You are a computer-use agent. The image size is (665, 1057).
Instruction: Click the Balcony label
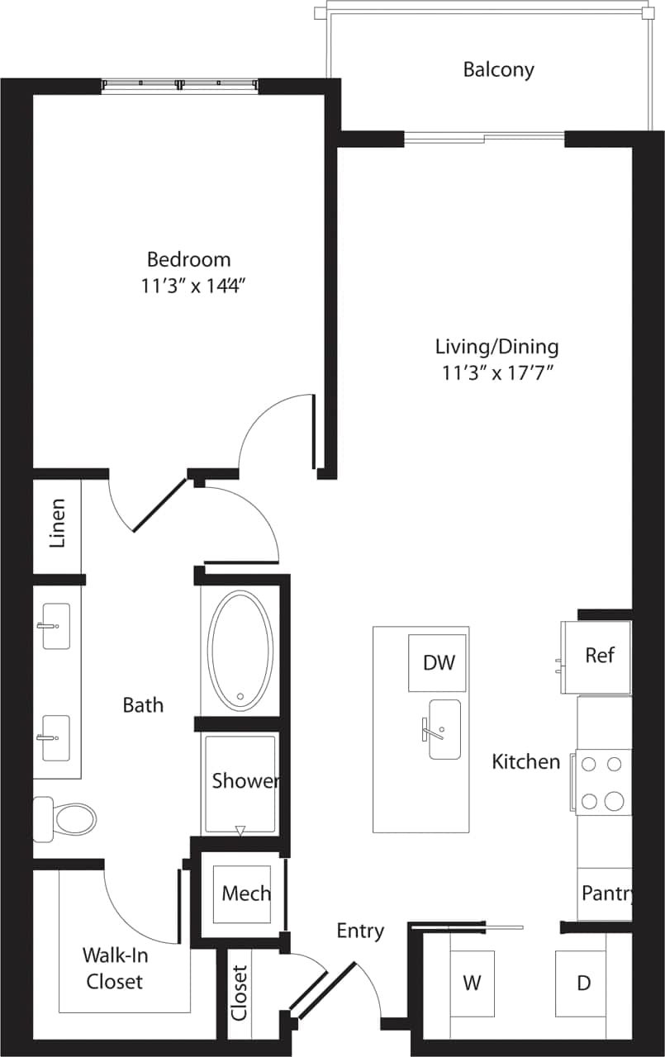tap(498, 69)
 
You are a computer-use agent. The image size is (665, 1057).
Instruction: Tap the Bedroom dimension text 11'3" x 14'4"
tap(195, 287)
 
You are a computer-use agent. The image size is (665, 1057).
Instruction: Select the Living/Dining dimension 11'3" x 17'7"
tap(496, 372)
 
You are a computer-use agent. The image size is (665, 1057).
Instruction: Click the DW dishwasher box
tap(438, 663)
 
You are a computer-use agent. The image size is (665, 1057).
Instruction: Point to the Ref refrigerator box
tap(599, 656)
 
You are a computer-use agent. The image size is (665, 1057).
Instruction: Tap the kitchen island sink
tap(444, 729)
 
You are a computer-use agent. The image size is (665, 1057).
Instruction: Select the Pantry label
tap(607, 893)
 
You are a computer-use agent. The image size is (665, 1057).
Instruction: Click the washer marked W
tap(472, 983)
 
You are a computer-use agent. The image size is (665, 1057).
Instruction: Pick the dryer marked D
tap(583, 983)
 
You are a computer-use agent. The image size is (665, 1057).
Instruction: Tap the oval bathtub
tap(240, 650)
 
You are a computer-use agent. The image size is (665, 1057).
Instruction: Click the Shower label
tap(245, 781)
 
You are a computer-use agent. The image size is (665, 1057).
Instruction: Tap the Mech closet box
tap(246, 893)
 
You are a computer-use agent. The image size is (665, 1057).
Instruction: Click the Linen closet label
tap(57, 524)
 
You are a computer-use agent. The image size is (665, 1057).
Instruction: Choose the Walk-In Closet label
tap(114, 968)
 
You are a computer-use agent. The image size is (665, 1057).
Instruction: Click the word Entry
tap(360, 931)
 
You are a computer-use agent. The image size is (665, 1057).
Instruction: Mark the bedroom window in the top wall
tap(179, 84)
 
